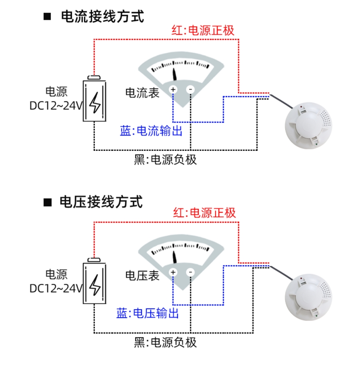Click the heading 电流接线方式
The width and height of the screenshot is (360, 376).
(102, 17)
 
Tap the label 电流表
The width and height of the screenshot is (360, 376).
(142, 93)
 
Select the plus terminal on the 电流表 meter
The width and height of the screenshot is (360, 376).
(173, 89)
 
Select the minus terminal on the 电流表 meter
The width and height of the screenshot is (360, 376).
(190, 89)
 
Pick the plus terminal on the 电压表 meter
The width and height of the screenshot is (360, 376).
(173, 272)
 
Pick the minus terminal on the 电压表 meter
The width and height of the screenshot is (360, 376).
(190, 272)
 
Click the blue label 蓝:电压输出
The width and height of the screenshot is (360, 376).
(148, 313)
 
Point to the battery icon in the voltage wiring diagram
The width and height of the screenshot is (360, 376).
(95, 282)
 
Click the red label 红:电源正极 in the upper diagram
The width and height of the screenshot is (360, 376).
(203, 30)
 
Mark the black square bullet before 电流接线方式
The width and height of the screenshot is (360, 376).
(48, 17)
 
